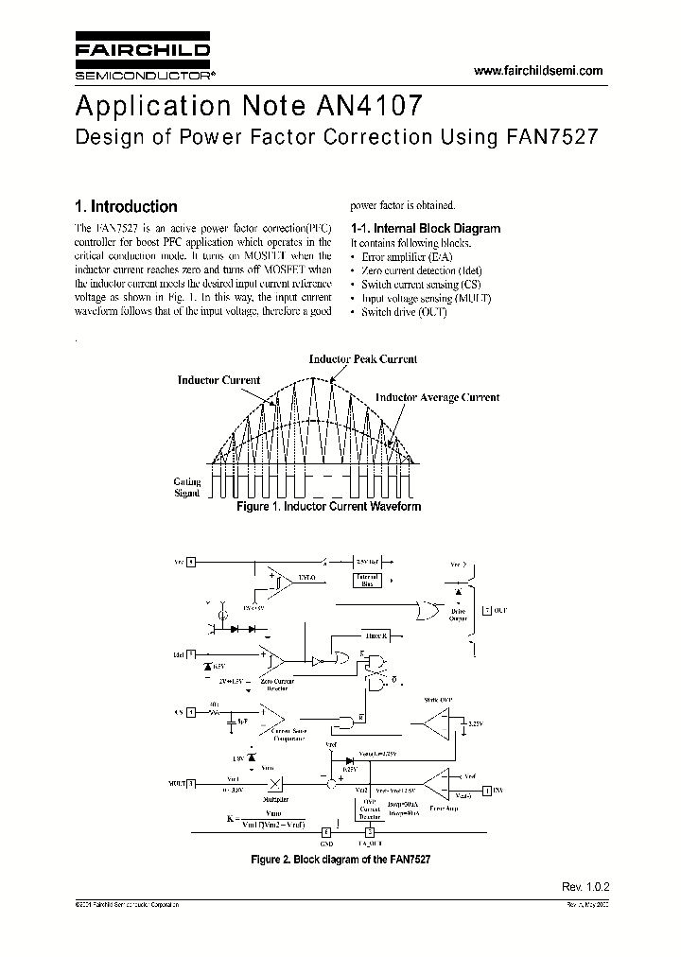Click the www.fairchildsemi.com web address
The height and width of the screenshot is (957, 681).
pos(537,71)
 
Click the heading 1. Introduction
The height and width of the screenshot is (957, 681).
pos(126,206)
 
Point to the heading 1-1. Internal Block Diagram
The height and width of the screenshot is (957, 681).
pos(426,228)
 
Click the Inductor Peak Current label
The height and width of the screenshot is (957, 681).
pos(363,359)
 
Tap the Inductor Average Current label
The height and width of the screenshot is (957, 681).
pos(437,397)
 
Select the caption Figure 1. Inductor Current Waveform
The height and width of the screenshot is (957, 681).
pos(328,507)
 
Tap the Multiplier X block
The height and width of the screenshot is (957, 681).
pos(275,783)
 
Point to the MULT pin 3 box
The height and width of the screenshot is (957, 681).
pos(190,783)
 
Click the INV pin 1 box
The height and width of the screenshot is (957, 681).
pos(487,789)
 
